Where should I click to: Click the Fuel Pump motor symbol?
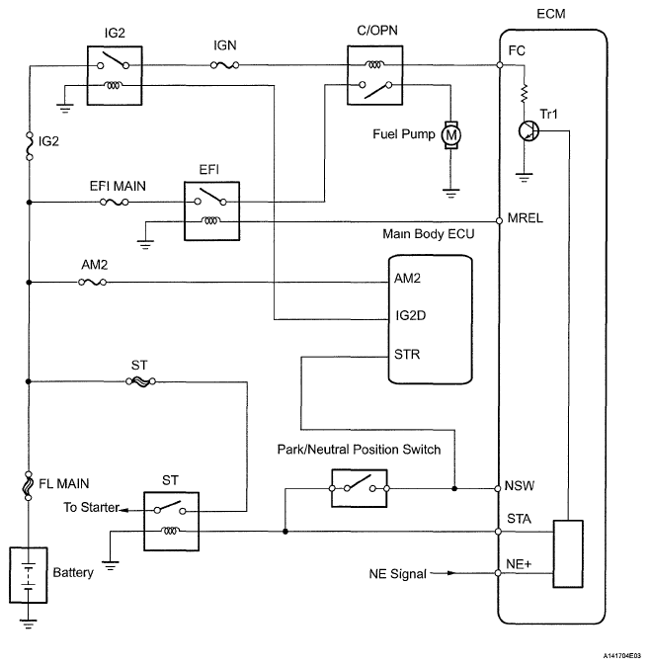(x=450, y=133)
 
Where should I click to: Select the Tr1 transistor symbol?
(x=528, y=131)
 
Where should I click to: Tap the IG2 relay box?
(x=114, y=76)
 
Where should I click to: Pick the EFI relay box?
(x=212, y=211)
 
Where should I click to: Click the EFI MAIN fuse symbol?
(x=113, y=203)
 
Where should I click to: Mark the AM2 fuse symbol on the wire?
(x=92, y=283)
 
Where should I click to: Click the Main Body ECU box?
(x=428, y=315)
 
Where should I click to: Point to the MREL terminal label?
(x=524, y=219)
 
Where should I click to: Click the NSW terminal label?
(x=520, y=487)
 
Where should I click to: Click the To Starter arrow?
(x=117, y=509)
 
